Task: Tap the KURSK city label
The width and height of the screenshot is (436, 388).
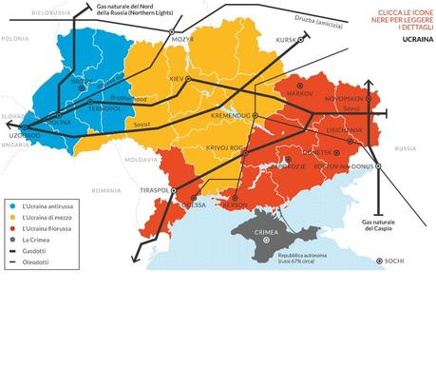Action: coord(285,40)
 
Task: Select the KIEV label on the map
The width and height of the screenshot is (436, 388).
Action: coord(178,77)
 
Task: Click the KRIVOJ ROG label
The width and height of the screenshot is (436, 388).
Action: coord(224,149)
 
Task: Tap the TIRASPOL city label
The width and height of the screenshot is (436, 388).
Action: coord(153,190)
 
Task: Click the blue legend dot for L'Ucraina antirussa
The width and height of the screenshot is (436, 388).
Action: coord(9,204)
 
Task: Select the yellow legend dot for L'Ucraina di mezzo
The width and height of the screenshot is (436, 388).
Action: coord(9,220)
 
